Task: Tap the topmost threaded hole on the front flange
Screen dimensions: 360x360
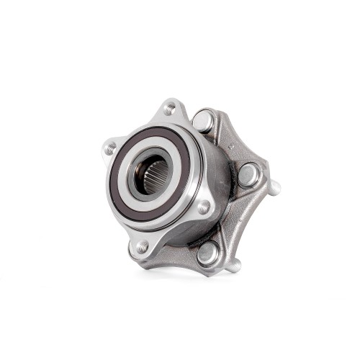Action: pyautogui.click(x=170, y=109)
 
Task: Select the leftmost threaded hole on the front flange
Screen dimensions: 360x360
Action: pyautogui.click(x=110, y=149)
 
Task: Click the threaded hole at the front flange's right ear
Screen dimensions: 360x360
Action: pyautogui.click(x=204, y=207)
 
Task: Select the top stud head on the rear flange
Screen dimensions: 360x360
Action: pyautogui.click(x=204, y=120)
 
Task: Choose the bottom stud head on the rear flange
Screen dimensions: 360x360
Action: pyautogui.click(x=207, y=253)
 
